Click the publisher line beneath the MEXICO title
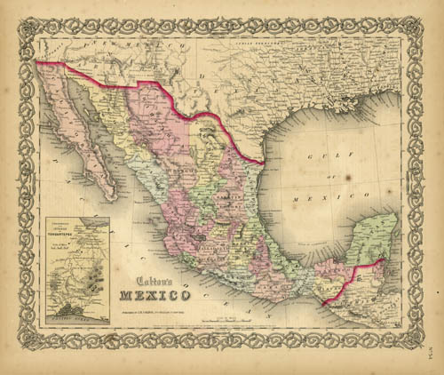tap(152, 308)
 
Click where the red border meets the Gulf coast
tap(263, 162)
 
